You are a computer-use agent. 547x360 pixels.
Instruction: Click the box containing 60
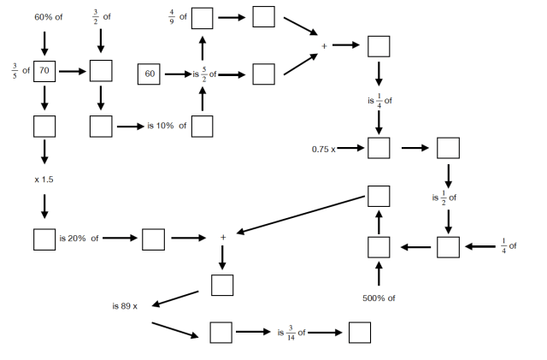click(x=150, y=74)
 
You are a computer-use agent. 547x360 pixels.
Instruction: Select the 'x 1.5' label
click(x=44, y=180)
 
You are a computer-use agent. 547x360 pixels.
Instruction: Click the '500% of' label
click(x=379, y=298)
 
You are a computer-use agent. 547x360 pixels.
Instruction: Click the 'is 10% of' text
click(x=166, y=127)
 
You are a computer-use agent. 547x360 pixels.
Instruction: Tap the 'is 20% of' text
click(x=79, y=239)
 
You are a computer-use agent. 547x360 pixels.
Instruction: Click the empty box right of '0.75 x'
click(x=379, y=148)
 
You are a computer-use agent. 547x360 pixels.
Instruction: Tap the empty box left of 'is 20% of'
click(x=44, y=239)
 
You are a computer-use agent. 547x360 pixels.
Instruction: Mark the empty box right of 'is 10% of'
click(x=202, y=127)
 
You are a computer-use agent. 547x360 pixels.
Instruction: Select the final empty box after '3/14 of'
click(x=360, y=332)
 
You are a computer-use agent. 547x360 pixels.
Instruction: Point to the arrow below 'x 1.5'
click(x=44, y=206)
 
